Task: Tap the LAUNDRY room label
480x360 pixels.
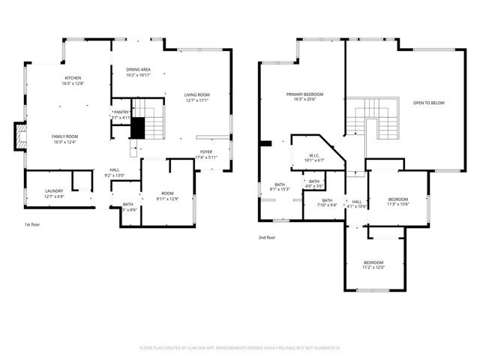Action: click(x=54, y=193)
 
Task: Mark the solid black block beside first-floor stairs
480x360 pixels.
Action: click(x=137, y=129)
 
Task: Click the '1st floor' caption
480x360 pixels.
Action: click(x=31, y=223)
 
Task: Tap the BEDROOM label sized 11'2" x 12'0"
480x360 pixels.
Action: click(x=373, y=265)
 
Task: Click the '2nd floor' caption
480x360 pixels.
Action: click(x=267, y=237)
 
